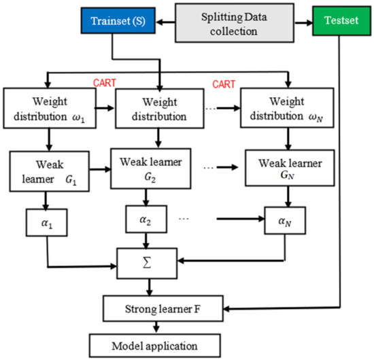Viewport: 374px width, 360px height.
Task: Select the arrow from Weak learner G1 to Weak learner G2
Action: coord(97,172)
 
